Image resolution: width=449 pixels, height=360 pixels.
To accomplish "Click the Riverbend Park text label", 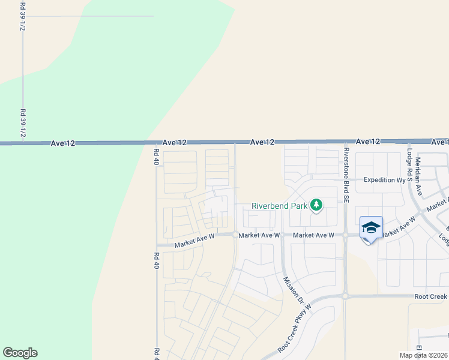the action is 279,206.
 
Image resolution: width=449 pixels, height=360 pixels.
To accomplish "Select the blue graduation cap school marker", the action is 372,228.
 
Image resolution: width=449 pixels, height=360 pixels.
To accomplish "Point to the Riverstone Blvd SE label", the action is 346,168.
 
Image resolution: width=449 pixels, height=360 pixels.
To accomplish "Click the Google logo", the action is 20,353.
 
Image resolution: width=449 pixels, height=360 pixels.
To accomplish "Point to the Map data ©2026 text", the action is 423,355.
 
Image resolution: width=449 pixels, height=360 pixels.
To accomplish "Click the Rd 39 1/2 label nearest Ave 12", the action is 23,123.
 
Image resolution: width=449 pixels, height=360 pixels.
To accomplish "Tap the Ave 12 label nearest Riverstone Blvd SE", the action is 368,142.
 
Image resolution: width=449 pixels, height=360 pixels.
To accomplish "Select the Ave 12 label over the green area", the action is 63,143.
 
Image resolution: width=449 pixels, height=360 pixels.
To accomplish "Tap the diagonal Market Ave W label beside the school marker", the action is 397,227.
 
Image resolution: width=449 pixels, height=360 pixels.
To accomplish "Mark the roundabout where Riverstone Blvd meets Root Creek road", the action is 345,295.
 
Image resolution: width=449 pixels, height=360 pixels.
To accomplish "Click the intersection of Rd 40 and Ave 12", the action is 156,143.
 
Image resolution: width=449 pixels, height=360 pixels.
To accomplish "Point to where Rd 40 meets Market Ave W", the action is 157,245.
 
